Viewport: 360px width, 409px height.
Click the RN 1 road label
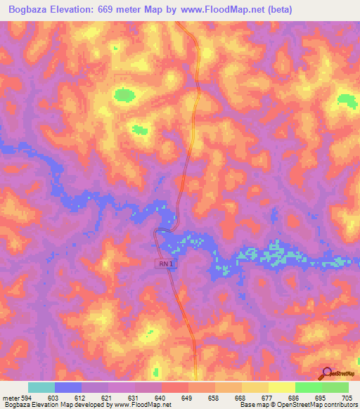click(x=164, y=263)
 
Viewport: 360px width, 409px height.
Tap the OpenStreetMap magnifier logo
click(x=328, y=373)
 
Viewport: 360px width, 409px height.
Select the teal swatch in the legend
click(x=41, y=387)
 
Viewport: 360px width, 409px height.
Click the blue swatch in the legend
click(x=68, y=387)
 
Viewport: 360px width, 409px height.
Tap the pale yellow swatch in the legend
click(x=282, y=387)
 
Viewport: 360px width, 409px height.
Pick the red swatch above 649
click(x=175, y=387)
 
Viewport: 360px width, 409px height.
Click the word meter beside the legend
click(x=11, y=397)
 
